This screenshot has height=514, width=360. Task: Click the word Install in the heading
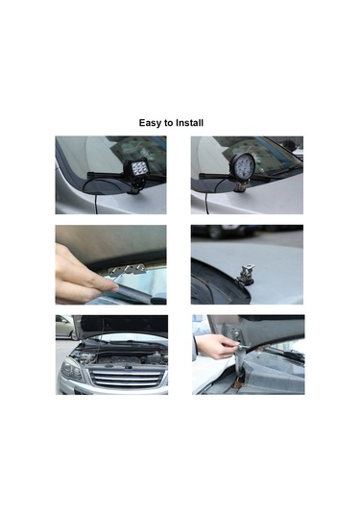click(190, 123)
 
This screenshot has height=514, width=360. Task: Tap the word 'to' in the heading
click(169, 123)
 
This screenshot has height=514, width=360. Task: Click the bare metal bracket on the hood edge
click(247, 273)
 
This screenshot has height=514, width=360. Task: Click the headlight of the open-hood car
click(71, 367)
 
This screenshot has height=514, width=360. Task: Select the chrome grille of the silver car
click(126, 378)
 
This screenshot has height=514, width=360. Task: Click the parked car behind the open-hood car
click(65, 328)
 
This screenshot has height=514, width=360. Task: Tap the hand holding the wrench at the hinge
click(217, 346)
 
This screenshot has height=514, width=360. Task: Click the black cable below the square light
click(94, 196)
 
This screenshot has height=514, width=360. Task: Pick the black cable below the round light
click(207, 196)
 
